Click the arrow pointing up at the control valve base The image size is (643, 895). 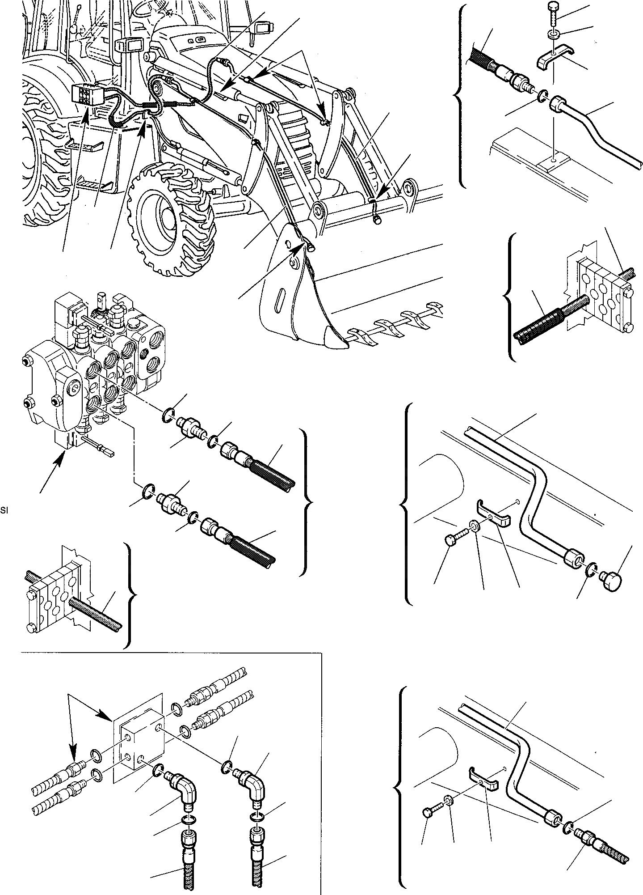[x=53, y=473]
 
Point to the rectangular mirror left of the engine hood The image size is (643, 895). [x=127, y=45]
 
